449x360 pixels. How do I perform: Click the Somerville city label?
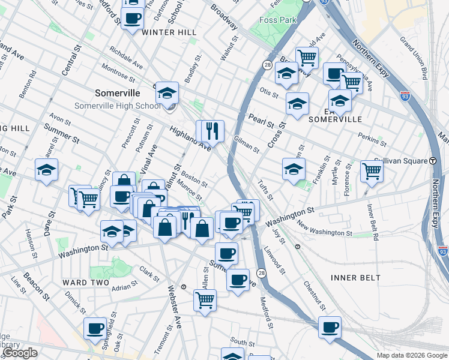pos(118,93)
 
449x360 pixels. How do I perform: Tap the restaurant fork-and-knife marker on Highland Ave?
pos(210,131)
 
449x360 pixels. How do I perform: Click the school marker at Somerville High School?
pos(167,94)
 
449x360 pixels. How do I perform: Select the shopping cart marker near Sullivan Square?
pos(372,172)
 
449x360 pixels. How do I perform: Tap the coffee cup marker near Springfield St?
pos(95,328)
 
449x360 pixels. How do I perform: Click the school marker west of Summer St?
pos(46,170)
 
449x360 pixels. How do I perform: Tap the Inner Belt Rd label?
pos(372,222)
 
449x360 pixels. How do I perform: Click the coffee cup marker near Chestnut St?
pos(330,328)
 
